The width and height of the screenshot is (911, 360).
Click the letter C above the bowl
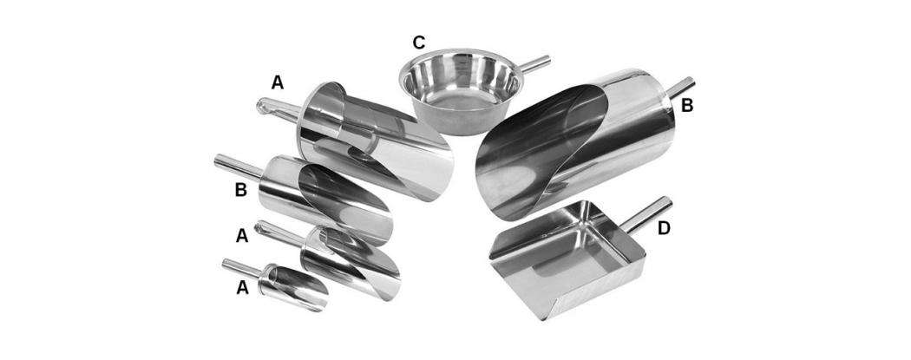pos(418,43)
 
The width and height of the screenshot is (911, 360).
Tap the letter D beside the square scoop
pos(664,228)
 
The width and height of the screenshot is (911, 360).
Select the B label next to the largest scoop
pos(687,106)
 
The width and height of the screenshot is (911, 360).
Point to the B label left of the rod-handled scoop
pos(240,189)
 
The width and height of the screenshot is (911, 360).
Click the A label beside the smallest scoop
pos(242,287)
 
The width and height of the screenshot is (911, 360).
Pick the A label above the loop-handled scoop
pos(278,83)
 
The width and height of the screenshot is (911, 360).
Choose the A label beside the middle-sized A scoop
pos(242,235)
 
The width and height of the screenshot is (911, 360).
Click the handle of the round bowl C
pos(534,64)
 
